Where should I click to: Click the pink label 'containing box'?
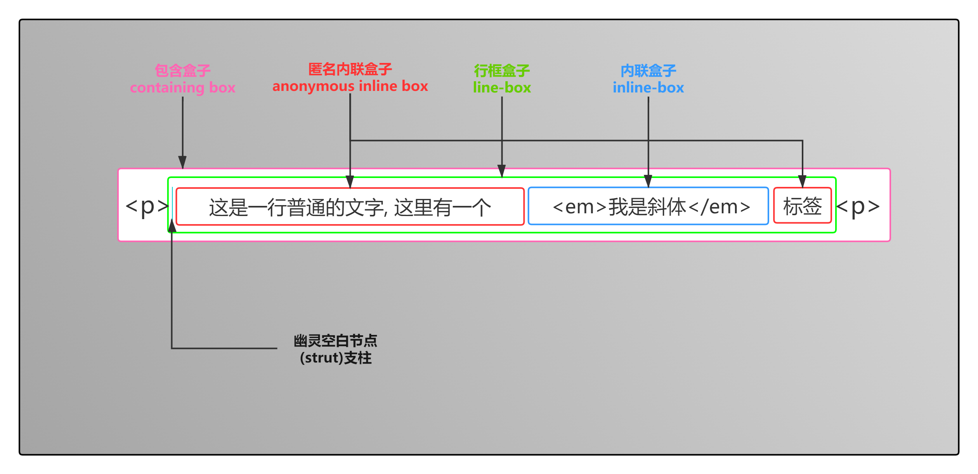pos(182,87)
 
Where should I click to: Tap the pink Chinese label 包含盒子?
pos(182,70)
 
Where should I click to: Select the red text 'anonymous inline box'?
pos(350,86)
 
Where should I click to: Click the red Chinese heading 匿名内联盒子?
pos(350,69)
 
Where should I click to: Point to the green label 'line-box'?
pos(502,87)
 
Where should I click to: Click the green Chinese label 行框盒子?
pos(502,71)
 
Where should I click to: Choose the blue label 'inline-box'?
pos(648,87)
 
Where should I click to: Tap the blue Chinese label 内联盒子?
pos(648,71)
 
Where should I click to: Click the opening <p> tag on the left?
pos(147,206)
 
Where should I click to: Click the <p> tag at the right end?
pos(858,206)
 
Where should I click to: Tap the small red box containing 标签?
pos(802,206)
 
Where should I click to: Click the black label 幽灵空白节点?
pos(335,341)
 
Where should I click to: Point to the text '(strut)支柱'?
pos(335,358)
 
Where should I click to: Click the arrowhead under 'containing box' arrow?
pos(182,162)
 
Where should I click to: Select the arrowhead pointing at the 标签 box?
pos(802,181)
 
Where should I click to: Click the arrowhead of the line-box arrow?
pos(501,171)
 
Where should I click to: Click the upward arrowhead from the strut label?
pos(172,225)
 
